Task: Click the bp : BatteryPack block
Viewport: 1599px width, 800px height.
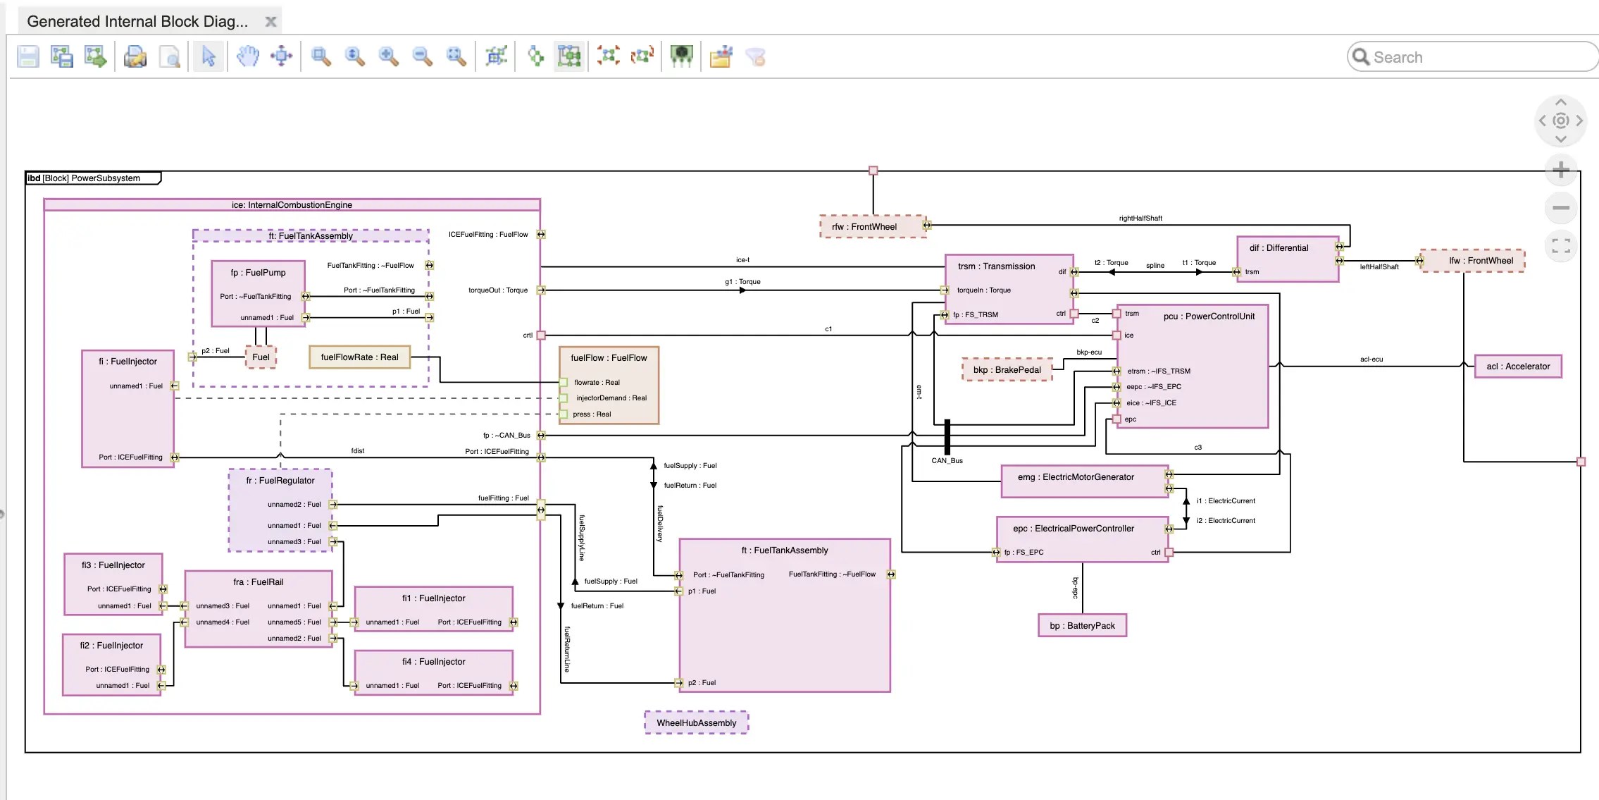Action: (1082, 626)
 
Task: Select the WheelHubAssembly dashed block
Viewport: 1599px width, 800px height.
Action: (696, 723)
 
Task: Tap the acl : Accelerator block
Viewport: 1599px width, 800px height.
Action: (1518, 367)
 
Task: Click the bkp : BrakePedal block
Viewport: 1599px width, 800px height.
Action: (1007, 370)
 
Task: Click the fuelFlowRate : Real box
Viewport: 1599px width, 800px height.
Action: (359, 357)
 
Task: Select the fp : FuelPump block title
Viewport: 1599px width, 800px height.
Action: (258, 273)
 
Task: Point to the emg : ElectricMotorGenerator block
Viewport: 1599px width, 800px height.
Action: (1076, 478)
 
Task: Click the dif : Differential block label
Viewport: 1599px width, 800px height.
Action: (1278, 248)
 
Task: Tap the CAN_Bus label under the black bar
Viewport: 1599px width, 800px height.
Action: (947, 461)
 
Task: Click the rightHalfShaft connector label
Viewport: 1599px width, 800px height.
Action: (1140, 219)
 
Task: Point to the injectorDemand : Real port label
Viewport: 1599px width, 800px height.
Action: (611, 398)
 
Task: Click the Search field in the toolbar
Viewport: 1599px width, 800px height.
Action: (1479, 57)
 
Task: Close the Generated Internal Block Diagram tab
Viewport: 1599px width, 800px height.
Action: (270, 22)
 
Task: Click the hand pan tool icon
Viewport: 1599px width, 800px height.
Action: (247, 56)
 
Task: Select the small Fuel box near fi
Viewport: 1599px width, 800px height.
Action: (261, 357)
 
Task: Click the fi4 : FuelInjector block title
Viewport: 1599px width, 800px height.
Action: (433, 662)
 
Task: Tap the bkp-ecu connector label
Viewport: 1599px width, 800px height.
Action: (1088, 352)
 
